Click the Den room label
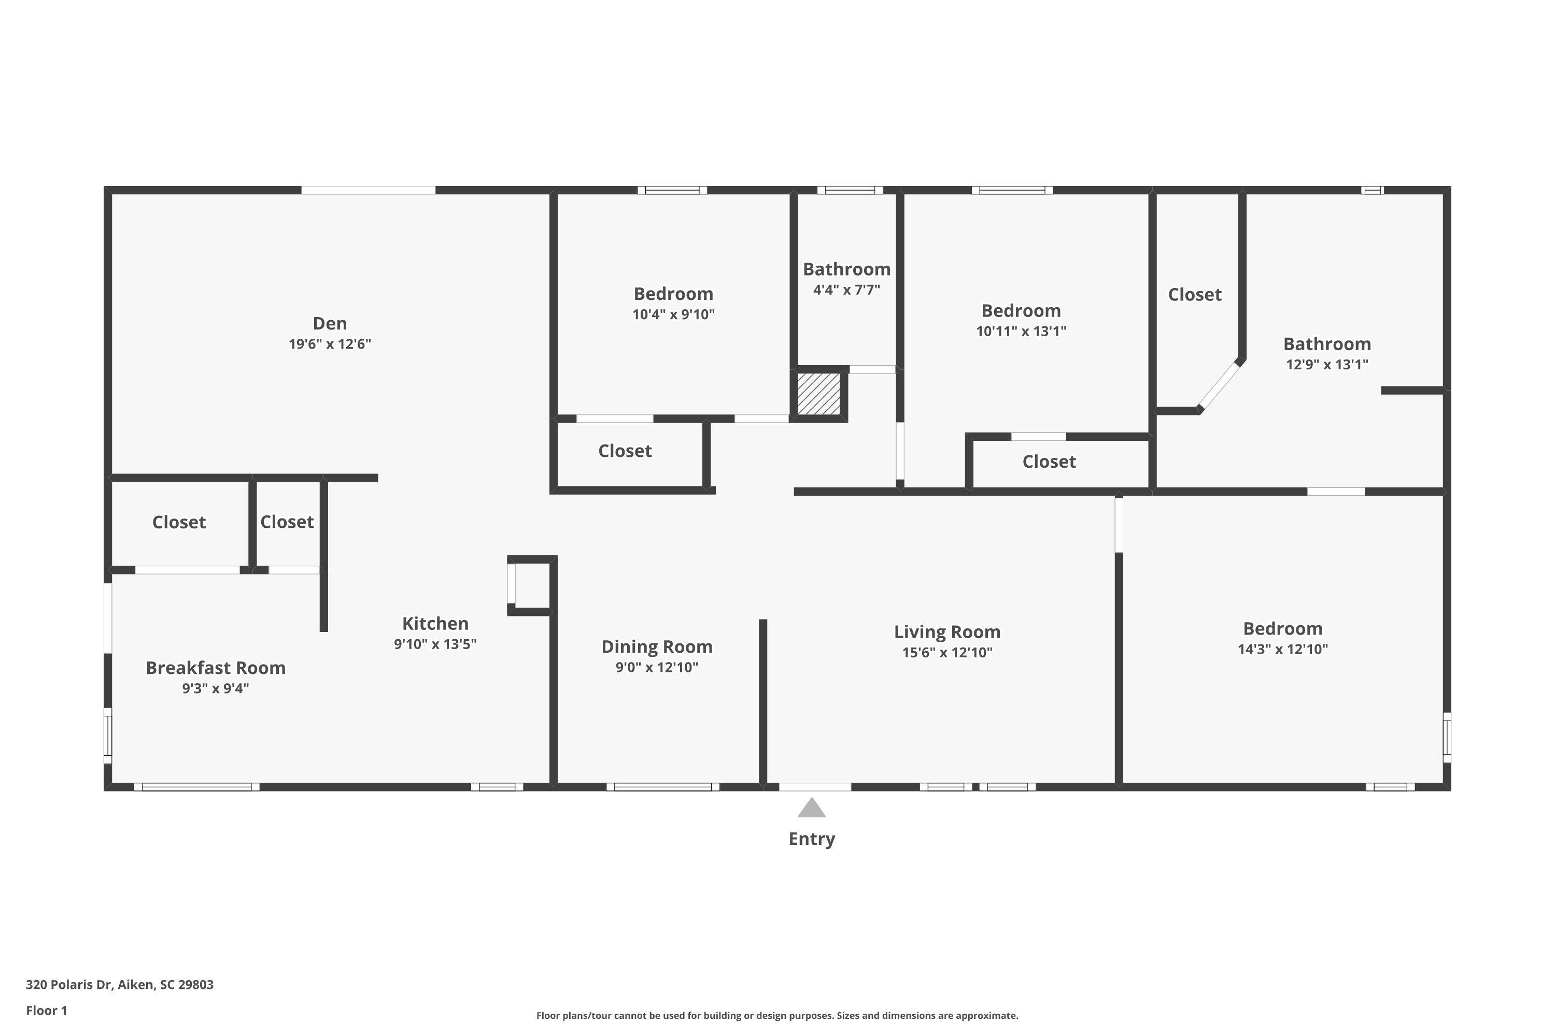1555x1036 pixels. (x=329, y=323)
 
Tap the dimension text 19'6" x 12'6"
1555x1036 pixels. (x=329, y=343)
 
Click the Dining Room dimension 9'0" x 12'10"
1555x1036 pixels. (x=657, y=667)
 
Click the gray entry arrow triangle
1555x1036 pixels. (x=811, y=808)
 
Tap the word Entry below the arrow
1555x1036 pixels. (x=811, y=839)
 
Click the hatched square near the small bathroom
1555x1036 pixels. (x=818, y=394)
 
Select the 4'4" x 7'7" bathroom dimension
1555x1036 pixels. (x=846, y=290)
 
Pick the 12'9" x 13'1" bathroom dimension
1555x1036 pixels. (x=1327, y=364)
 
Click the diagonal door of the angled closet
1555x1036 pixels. (x=1220, y=386)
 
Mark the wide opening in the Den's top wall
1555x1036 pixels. (x=368, y=190)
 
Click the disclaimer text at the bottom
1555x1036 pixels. (x=777, y=1015)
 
